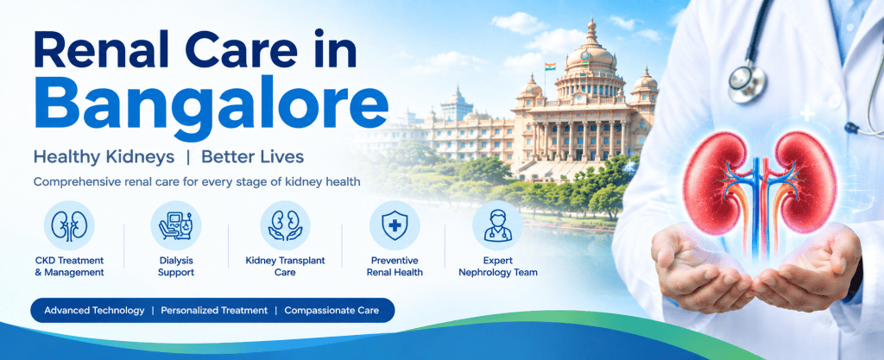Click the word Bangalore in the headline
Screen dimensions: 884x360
(211, 108)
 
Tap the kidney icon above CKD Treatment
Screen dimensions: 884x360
(69, 225)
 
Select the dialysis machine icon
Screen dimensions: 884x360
(176, 225)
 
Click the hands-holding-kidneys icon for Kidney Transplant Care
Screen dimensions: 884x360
(285, 225)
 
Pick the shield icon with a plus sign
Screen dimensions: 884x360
(395, 225)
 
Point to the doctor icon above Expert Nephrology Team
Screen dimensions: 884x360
(498, 225)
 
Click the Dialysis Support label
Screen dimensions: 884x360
(176, 267)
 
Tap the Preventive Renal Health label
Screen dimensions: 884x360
(395, 267)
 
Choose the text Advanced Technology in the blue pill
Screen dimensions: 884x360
(94, 311)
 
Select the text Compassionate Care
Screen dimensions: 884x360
(331, 311)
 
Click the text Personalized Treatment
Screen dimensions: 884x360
(214, 311)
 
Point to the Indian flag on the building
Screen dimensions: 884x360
(550, 66)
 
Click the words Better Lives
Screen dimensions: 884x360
(253, 157)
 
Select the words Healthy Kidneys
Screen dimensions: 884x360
(104, 158)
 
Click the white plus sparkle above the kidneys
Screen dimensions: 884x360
(807, 114)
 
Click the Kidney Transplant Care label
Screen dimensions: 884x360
(285, 267)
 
